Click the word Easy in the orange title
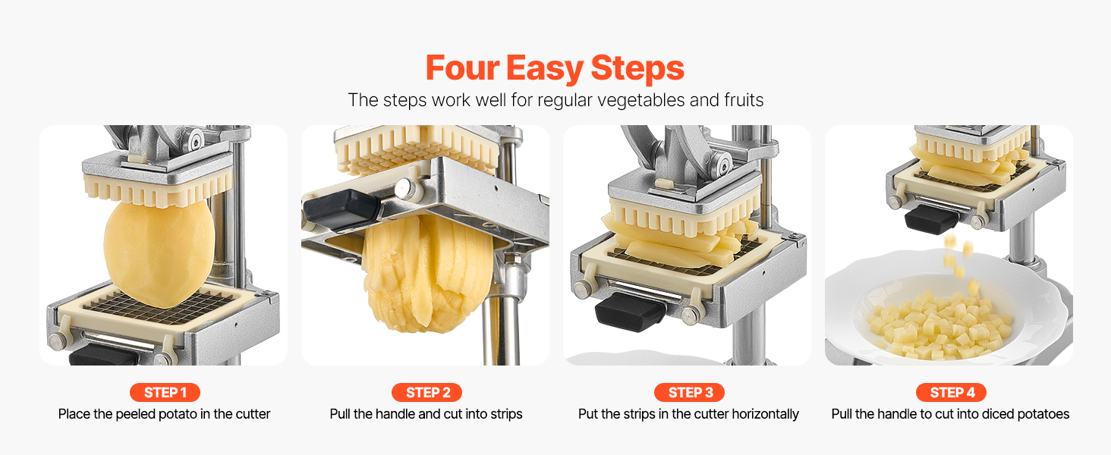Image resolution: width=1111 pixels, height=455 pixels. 545,68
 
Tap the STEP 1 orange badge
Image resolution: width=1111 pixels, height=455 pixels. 165,393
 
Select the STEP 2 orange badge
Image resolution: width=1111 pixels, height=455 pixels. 426,393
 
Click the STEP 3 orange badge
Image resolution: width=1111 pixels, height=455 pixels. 689,393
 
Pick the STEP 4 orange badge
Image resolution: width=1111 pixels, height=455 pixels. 952,393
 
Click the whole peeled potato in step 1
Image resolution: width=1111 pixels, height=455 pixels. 159,252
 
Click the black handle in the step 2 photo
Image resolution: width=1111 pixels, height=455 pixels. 342,209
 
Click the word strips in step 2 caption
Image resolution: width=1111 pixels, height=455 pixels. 506,414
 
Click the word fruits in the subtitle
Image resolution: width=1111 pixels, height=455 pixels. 744,100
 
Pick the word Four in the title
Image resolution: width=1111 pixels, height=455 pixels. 462,68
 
